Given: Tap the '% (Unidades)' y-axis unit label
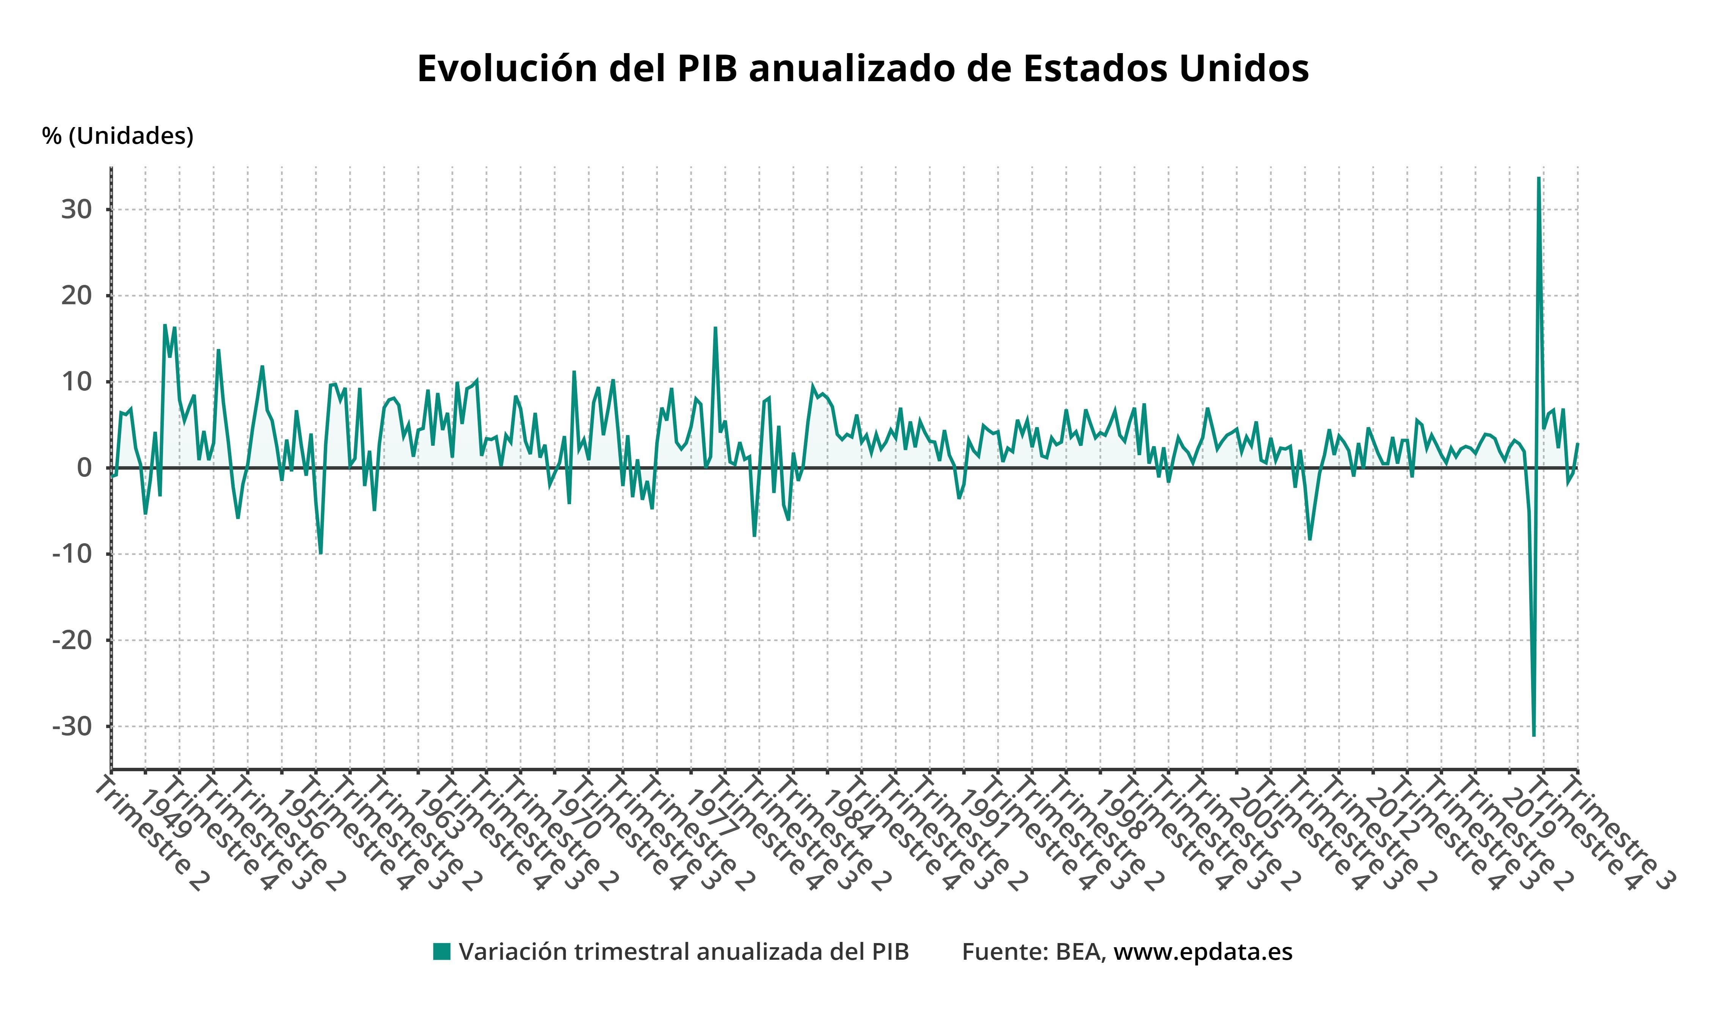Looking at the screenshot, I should tap(118, 136).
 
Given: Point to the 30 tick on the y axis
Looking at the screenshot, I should tap(77, 210).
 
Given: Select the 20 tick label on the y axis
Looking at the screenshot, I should tap(77, 296).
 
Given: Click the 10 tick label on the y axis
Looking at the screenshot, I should tap(77, 382).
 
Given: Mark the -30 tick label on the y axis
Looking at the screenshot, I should tap(72, 726).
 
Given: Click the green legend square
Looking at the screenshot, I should tap(442, 952).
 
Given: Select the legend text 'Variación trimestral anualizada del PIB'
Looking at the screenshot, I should tap(684, 952).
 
